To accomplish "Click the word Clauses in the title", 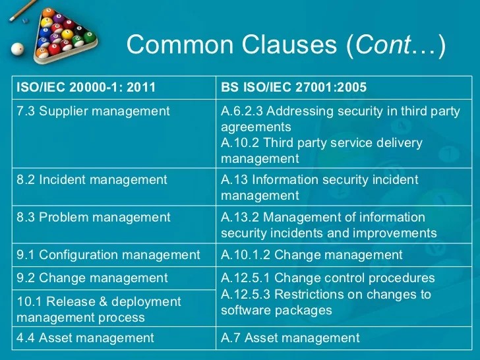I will [x=285, y=45].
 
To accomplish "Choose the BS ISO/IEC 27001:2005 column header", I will [x=293, y=86].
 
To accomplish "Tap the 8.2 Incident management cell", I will [x=92, y=179].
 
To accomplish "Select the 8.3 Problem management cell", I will [x=93, y=217].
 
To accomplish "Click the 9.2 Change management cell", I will [x=92, y=278].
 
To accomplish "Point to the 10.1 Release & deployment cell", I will [x=98, y=309].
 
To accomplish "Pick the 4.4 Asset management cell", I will [x=85, y=338].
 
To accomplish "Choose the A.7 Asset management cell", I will [x=290, y=338].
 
